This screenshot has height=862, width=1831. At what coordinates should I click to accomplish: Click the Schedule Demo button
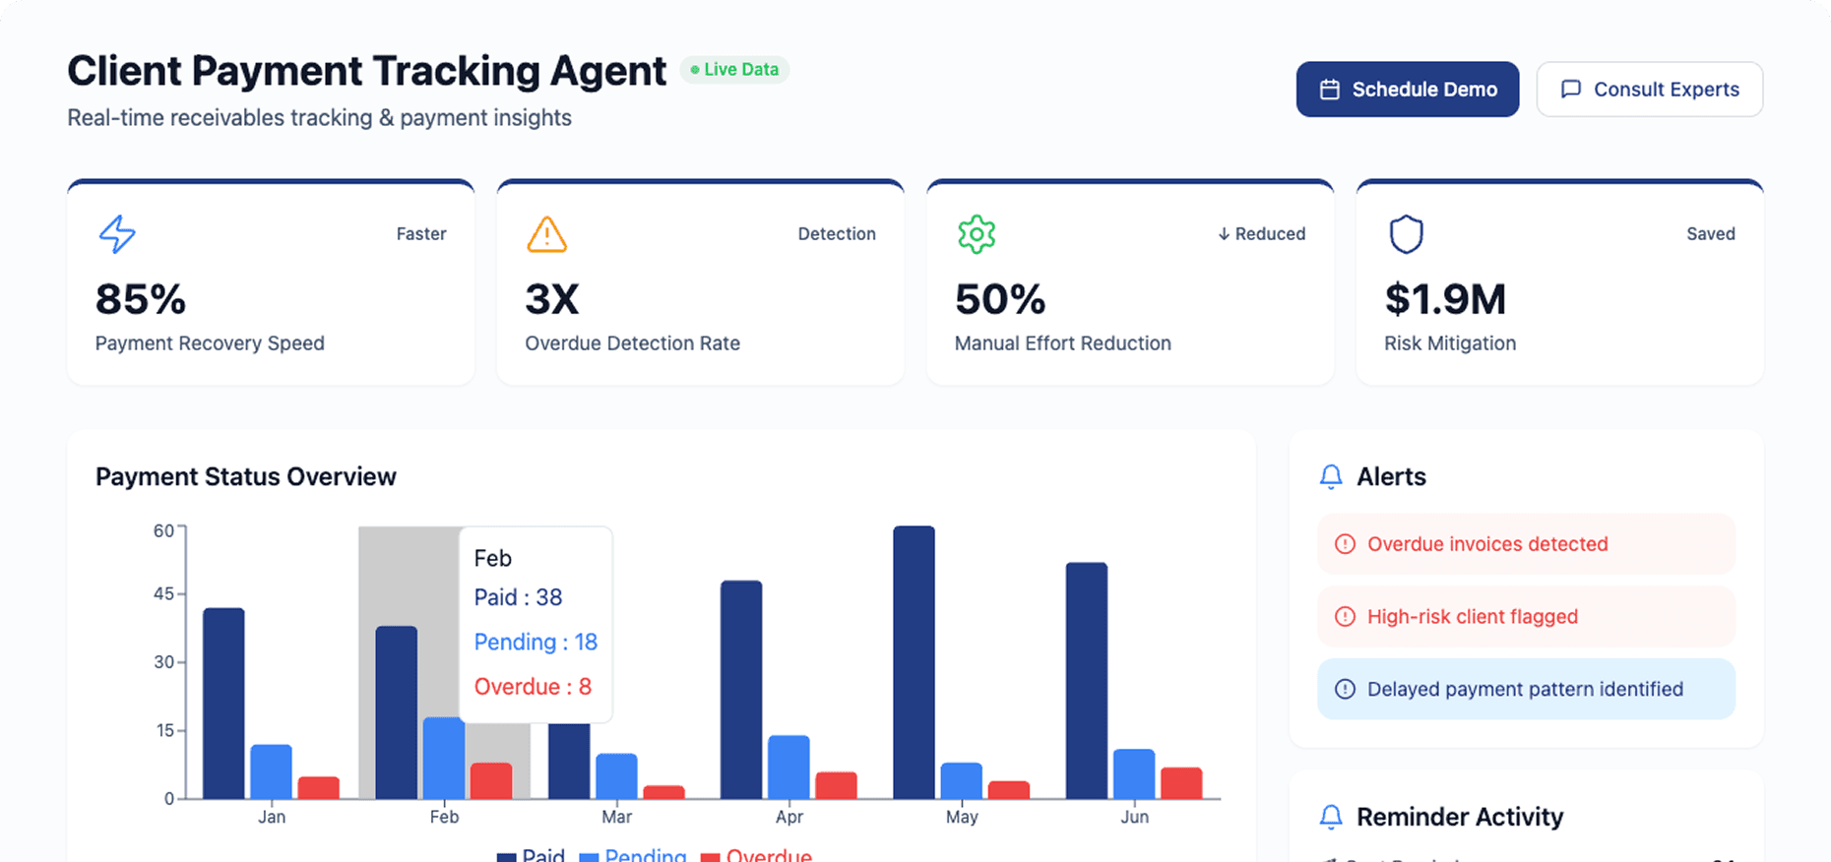[x=1407, y=90]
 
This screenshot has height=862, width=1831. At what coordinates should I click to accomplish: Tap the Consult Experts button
[x=1649, y=90]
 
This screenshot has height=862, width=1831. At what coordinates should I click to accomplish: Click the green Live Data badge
[x=734, y=70]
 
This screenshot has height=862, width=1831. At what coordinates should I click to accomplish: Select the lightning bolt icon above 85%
[x=117, y=234]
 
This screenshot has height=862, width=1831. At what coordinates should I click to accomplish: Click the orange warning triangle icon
[x=546, y=234]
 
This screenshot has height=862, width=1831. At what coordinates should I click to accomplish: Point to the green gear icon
[x=977, y=234]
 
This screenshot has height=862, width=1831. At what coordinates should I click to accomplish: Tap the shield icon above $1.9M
[x=1406, y=234]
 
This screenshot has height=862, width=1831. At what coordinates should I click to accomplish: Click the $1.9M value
[x=1445, y=299]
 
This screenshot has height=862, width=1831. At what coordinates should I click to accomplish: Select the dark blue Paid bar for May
[x=914, y=661]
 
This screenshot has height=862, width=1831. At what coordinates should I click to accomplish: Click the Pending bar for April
[x=789, y=767]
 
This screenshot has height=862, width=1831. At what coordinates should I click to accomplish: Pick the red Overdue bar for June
[x=1181, y=782]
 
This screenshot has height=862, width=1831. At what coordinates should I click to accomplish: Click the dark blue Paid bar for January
[x=223, y=703]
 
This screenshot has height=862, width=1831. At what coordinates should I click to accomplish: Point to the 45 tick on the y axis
[x=163, y=594]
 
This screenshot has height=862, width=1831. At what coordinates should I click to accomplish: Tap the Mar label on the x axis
[x=616, y=817]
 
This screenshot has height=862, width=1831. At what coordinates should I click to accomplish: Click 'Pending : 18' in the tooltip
[x=536, y=642]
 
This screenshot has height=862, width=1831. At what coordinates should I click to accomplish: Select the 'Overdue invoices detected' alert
[x=1525, y=544]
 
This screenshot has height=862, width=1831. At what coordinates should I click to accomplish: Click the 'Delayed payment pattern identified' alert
[x=1525, y=689]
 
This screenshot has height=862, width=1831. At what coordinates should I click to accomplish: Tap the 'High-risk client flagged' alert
[x=1525, y=617]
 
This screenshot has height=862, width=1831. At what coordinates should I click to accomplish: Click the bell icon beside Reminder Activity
[x=1331, y=817]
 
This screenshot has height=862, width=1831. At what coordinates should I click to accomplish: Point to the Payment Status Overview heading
[x=246, y=477]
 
